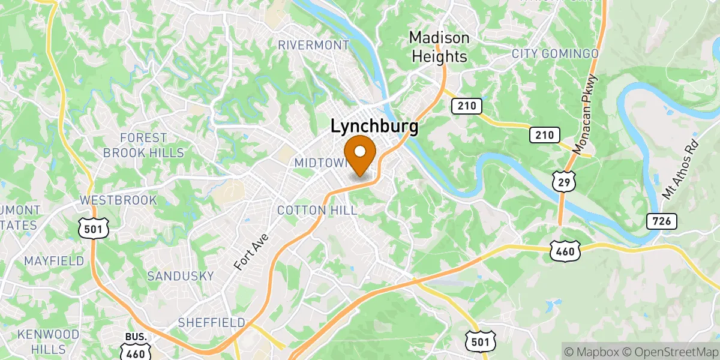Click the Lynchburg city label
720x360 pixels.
[374, 127]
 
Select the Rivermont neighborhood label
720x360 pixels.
[314, 45]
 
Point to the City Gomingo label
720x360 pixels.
[555, 54]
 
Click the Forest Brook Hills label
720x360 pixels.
[143, 145]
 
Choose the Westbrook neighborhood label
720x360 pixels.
[118, 200]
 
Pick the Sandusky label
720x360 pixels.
[180, 276]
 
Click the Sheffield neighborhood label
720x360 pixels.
[211, 323]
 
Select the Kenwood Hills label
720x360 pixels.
[48, 341]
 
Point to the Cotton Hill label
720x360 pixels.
[317, 210]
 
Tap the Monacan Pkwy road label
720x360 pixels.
[586, 115]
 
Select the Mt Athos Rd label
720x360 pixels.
[680, 169]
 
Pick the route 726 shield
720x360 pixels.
[662, 221]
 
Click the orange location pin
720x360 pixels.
[360, 153]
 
